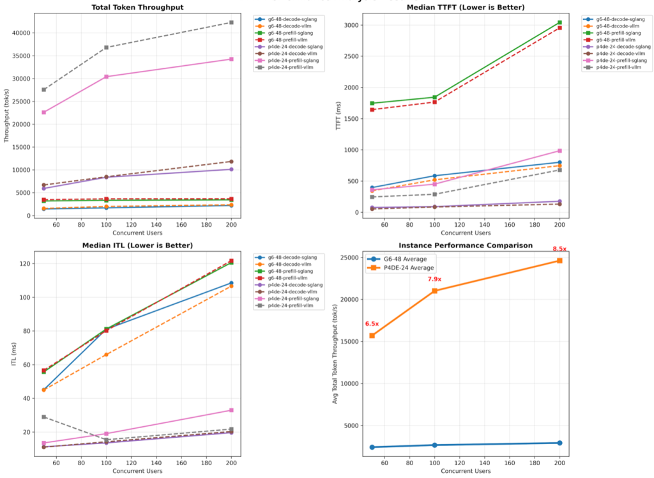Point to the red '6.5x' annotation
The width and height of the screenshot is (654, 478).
(372, 324)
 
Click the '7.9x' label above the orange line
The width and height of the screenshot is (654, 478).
(434, 279)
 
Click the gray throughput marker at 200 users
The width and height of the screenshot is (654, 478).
(231, 22)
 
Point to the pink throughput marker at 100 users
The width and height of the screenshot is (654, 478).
(107, 77)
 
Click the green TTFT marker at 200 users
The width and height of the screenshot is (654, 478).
(559, 22)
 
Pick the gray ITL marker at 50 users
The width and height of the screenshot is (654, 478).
(43, 417)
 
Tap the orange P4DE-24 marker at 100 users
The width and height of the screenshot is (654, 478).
(434, 291)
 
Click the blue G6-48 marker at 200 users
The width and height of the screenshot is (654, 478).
(559, 443)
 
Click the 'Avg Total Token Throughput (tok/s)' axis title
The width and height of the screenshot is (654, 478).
(335, 354)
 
